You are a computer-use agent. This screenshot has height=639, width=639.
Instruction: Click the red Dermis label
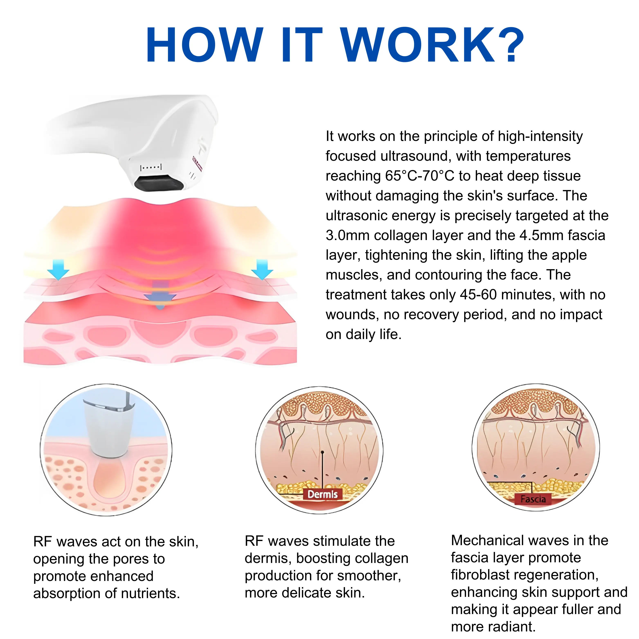[322, 494]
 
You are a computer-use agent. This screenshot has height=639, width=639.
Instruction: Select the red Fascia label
[533, 499]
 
